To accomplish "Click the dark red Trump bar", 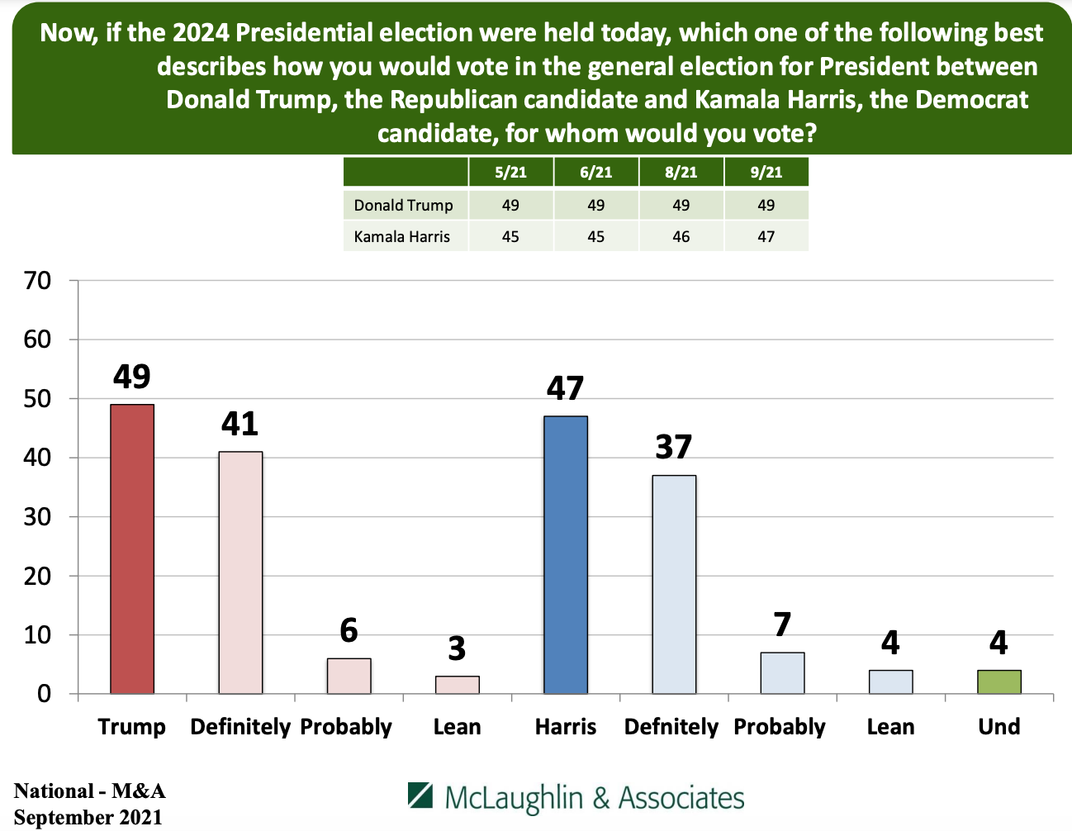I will coord(132,548).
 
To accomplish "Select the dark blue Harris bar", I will coord(566,554).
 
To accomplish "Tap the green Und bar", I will coord(999,681).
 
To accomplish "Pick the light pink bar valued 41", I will coord(240,572).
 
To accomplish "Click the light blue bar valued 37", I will coord(674,584).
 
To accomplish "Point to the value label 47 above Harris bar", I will coord(566,388).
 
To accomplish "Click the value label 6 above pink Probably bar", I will coord(349,630).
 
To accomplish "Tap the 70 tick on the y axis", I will coord(38,281).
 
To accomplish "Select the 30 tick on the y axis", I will coord(38,517).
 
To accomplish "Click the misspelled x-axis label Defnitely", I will coord(671,727).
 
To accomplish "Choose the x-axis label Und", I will coord(999,727).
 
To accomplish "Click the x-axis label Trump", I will coord(132,727).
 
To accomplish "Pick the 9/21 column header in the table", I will coord(766,173).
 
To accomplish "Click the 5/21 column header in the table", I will coord(510,173).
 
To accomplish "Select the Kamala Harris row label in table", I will coord(402,237).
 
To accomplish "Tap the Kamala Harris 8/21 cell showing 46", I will coord(681,237).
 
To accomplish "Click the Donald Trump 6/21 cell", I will coord(595,205).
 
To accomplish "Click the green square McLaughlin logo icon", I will coord(420,795).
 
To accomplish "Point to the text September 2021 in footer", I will coord(88,818).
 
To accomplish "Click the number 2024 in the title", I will coord(201,33).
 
